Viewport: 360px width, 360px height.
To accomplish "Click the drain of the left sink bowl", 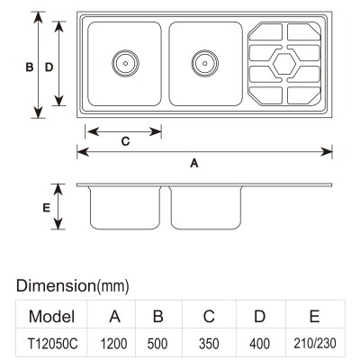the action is [x=125, y=63].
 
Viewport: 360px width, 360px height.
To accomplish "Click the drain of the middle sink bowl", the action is [x=205, y=63].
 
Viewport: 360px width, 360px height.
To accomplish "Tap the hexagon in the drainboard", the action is [x=284, y=63].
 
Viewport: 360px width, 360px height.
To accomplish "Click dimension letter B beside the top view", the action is [x=30, y=67].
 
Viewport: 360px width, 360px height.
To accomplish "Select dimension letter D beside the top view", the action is [x=49, y=67].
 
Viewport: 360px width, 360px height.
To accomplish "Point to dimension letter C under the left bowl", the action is [x=125, y=141].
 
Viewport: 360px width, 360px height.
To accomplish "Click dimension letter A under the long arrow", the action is [x=194, y=163].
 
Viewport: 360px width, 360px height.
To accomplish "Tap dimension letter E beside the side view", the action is [x=46, y=208].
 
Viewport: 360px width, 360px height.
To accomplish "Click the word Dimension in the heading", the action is [x=56, y=285].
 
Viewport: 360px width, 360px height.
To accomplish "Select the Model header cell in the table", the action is [x=51, y=316].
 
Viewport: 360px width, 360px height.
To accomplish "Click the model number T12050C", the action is [x=52, y=344].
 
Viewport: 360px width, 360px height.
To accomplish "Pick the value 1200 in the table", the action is [x=113, y=344].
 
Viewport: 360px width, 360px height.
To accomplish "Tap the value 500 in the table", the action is [x=158, y=344].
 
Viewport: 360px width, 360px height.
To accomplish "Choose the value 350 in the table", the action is [x=209, y=344].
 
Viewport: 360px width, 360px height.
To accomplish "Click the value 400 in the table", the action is [x=259, y=344].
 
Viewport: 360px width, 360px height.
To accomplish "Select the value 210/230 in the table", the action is [x=315, y=344].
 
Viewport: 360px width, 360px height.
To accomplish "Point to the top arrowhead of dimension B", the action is [x=38, y=18].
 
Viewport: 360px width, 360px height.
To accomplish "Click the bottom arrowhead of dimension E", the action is [x=58, y=223].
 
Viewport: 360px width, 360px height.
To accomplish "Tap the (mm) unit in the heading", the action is [x=112, y=286].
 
